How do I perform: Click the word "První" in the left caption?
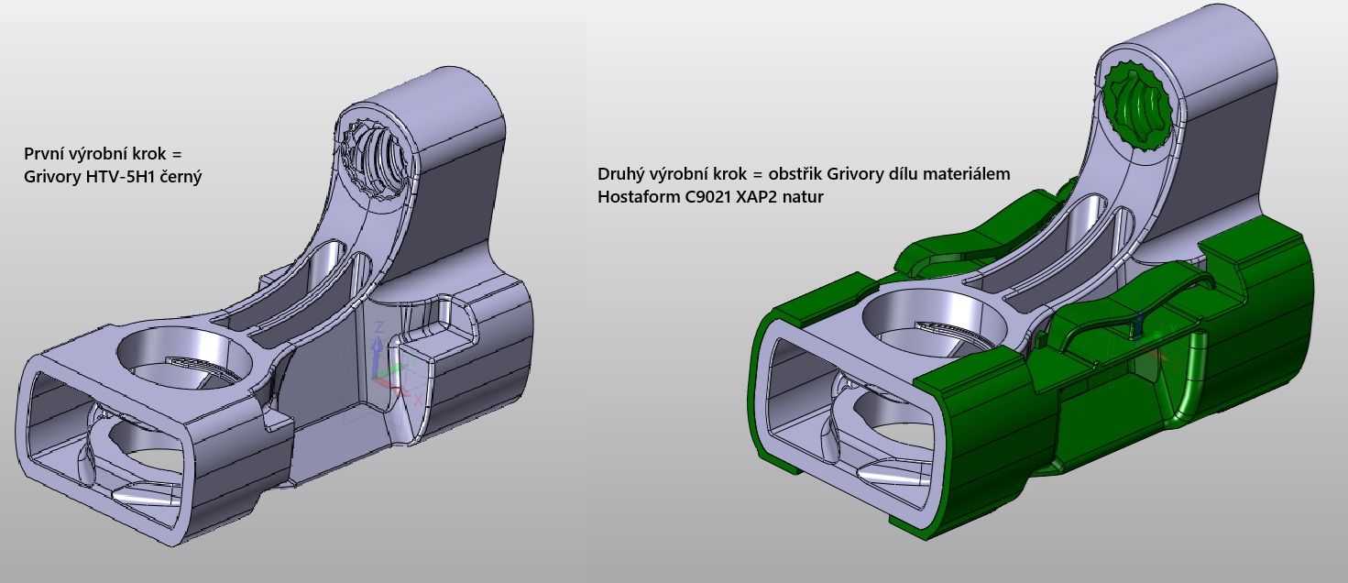[x=43, y=154]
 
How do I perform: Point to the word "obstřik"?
[x=795, y=174]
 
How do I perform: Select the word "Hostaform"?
[x=639, y=197]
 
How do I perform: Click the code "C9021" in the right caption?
[x=707, y=197]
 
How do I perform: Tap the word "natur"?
[x=803, y=197]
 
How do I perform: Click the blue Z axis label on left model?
[x=379, y=327]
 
